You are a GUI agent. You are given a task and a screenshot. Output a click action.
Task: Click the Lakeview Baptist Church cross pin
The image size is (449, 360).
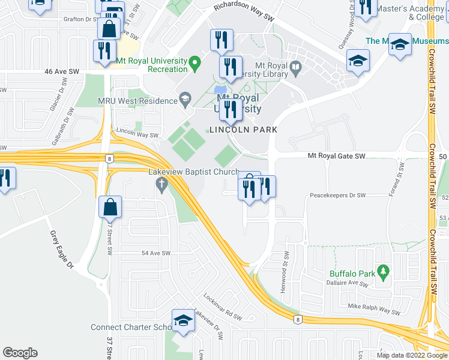tap(161, 186)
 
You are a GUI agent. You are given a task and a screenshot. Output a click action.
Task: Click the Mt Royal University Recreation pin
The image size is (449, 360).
tap(194, 61)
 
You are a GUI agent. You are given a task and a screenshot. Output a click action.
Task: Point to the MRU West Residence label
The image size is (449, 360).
tap(137, 101)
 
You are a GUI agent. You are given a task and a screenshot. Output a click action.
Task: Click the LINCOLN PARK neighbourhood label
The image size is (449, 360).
tap(243, 130)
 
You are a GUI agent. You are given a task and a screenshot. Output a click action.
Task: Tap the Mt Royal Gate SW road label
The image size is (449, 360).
tap(336, 156)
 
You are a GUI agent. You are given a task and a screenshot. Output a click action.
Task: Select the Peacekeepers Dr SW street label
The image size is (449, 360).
tap(337, 196)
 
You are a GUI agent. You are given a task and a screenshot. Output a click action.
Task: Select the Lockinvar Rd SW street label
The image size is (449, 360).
tap(221, 307)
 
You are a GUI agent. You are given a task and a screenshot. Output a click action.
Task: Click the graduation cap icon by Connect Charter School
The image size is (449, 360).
tap(183, 320)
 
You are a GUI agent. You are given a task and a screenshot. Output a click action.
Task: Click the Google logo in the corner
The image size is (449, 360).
tap(20, 352)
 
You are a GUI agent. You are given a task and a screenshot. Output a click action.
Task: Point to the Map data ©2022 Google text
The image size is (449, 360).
tap(412, 355)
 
